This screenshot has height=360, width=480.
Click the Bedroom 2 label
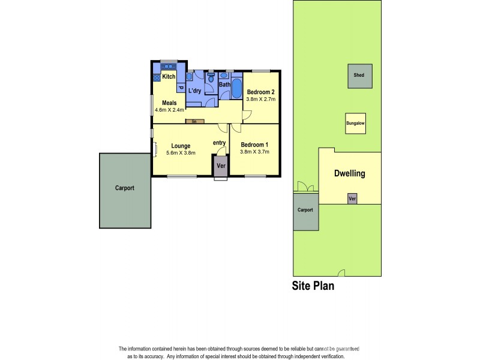point(260,92)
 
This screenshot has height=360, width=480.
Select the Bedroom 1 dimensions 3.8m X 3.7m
point(254,152)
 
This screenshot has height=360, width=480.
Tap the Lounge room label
point(181,146)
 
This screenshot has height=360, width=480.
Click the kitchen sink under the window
point(168,67)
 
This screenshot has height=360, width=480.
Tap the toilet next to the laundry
point(211,79)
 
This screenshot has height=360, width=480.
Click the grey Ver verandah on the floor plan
point(220,166)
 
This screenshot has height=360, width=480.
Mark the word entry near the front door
point(219,143)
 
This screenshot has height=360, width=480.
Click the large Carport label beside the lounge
point(125,188)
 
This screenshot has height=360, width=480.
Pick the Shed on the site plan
point(359,76)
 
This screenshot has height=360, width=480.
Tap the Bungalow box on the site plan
point(355,124)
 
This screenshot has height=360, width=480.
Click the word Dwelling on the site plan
point(349,174)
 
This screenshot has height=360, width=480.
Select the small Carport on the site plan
point(305,211)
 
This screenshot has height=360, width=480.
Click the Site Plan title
point(313,286)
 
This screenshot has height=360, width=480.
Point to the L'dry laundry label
point(194,91)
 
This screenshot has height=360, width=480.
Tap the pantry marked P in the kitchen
point(180,88)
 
